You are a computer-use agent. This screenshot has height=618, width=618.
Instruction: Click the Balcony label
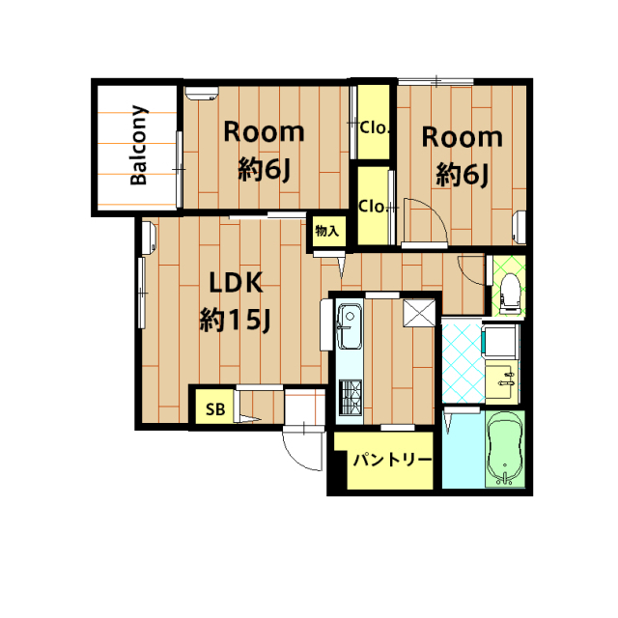pos(139,145)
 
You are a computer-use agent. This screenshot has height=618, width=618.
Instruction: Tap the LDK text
pos(236,283)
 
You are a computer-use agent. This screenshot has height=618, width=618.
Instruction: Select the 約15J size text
pos(235,320)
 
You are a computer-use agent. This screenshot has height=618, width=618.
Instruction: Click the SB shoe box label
pos(215,409)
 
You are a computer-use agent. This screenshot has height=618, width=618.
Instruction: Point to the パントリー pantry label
pos(393,460)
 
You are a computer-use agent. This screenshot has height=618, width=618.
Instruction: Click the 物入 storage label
pos(327,231)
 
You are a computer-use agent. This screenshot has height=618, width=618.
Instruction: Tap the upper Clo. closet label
pos(375,127)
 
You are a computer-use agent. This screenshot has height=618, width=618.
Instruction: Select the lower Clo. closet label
pos(373,206)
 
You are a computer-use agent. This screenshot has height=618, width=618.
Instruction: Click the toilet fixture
pos(509,294)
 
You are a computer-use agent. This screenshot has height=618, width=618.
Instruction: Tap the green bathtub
pos(505,449)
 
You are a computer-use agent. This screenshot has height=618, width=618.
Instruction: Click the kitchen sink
pos(350,326)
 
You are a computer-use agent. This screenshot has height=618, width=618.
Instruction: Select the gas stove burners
pos(351,397)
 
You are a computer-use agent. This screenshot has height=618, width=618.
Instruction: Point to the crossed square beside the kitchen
pos(419,313)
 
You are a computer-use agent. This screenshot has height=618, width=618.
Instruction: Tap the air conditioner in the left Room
pos(202,94)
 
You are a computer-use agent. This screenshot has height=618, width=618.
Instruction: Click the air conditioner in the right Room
pos(520,227)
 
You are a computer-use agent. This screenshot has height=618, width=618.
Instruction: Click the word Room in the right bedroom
pos(463,138)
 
